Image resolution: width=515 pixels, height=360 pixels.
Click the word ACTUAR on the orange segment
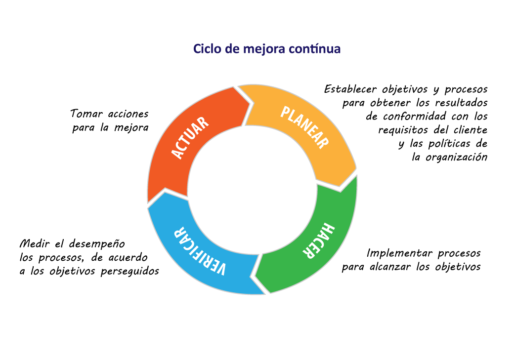pyautogui.click(x=191, y=138)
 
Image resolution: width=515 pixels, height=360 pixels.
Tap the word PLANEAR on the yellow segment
pyautogui.click(x=304, y=127)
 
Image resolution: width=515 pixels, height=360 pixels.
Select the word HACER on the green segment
pyautogui.click(x=319, y=240)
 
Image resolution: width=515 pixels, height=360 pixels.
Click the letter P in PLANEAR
pyautogui.click(x=285, y=113)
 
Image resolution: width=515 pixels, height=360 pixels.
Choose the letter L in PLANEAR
pyautogui.click(x=292, y=117)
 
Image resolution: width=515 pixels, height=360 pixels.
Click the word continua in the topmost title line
pyautogui.click(x=315, y=49)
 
